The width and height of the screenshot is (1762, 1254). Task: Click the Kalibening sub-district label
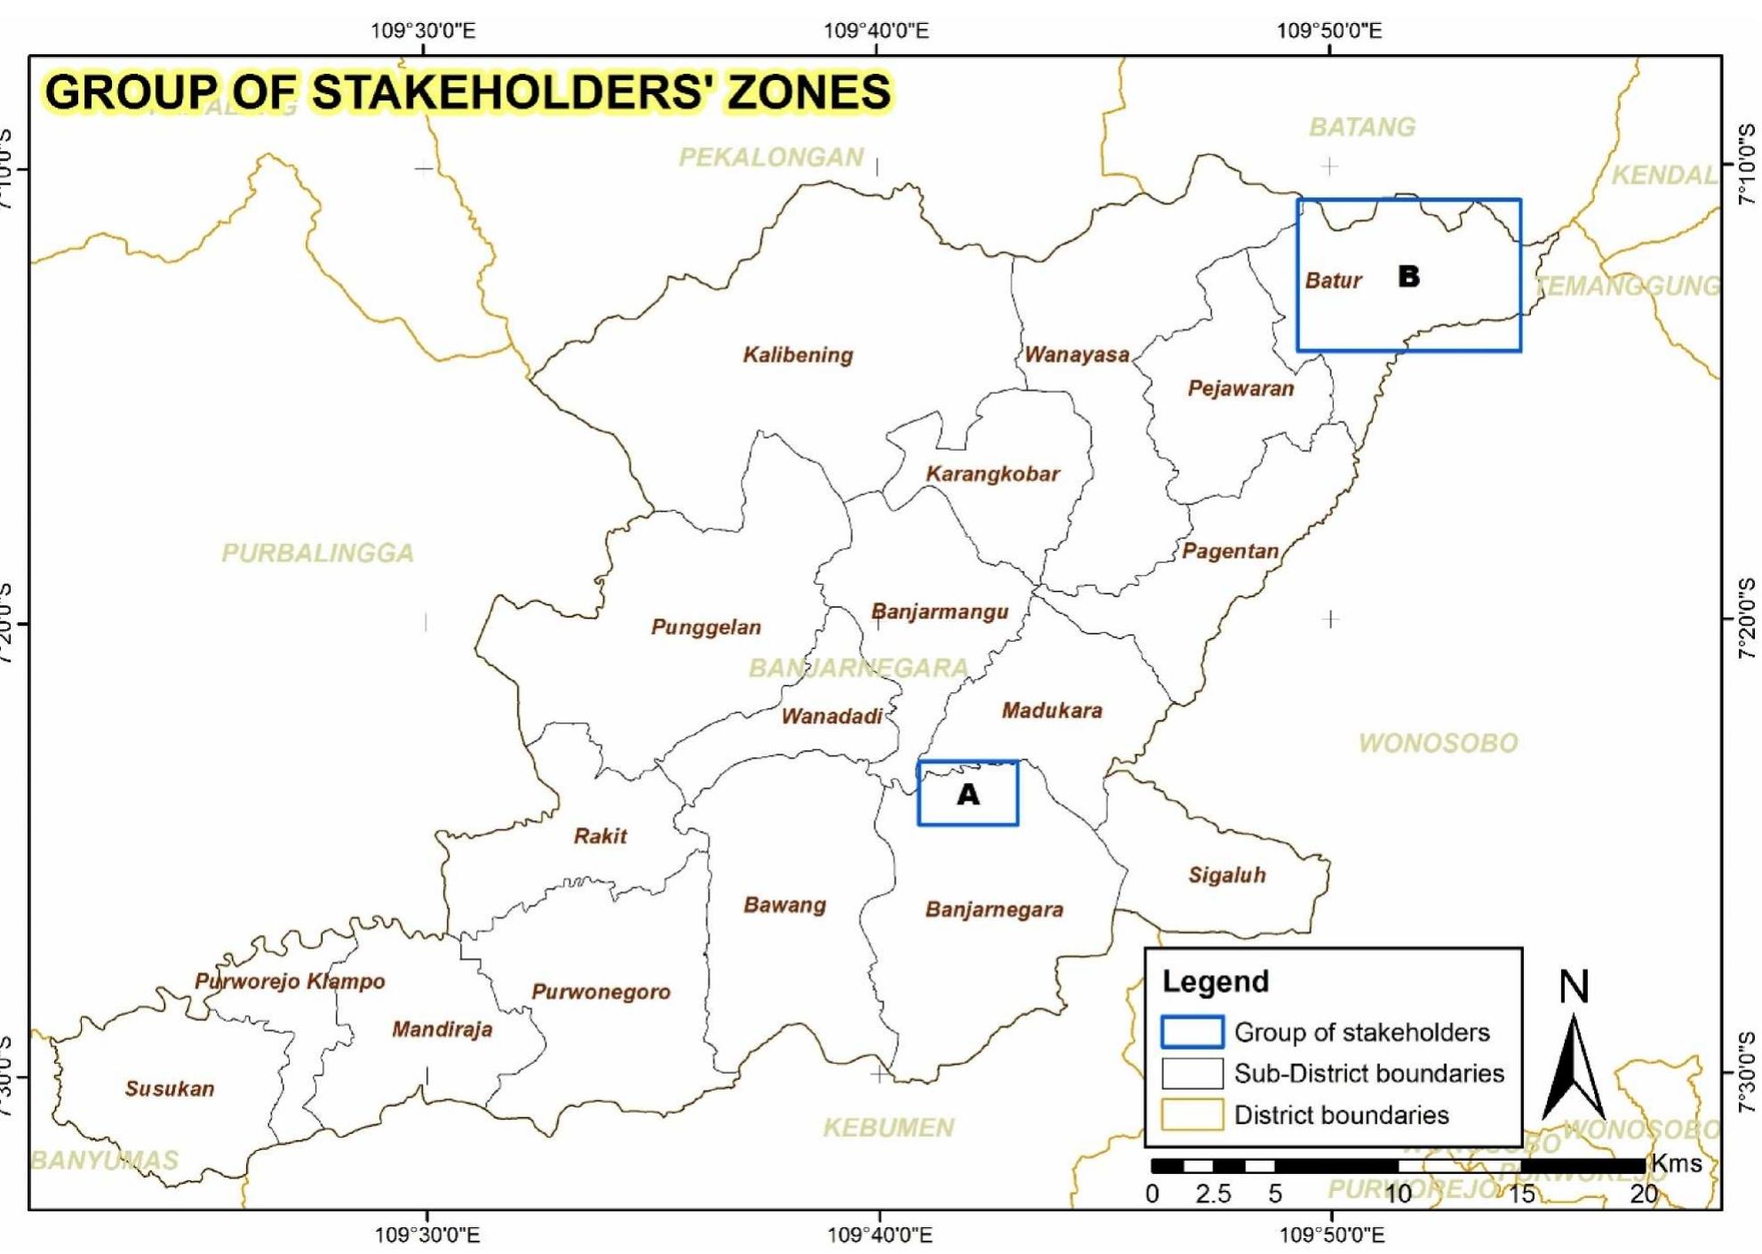coord(797,355)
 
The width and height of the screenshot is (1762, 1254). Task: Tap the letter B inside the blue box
coord(1408,276)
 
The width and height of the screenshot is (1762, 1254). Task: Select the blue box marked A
coord(968,794)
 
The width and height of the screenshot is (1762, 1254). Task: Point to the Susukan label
coord(169,1088)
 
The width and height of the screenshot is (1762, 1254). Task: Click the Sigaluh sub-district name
coord(1226,875)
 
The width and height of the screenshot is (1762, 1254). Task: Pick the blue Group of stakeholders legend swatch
coord(1192,1032)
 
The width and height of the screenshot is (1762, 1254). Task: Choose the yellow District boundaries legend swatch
coord(1192,1114)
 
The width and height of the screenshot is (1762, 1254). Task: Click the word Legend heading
coord(1215,981)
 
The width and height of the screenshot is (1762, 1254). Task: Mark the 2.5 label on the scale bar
coord(1213,1194)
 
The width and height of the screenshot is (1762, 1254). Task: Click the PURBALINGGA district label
coord(317,553)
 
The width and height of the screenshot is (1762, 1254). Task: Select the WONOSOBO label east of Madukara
coord(1438,743)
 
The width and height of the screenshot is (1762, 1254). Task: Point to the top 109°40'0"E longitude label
coord(875,31)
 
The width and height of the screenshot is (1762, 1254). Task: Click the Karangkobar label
coord(993,474)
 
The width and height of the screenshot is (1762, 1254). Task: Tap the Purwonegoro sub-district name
coord(601,991)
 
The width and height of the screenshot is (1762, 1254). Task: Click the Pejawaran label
coord(1240,388)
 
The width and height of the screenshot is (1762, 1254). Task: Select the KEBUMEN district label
coord(888,1127)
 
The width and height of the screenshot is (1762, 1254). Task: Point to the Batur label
coord(1333,281)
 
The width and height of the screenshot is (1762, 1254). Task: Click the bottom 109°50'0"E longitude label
coord(1331,1234)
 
